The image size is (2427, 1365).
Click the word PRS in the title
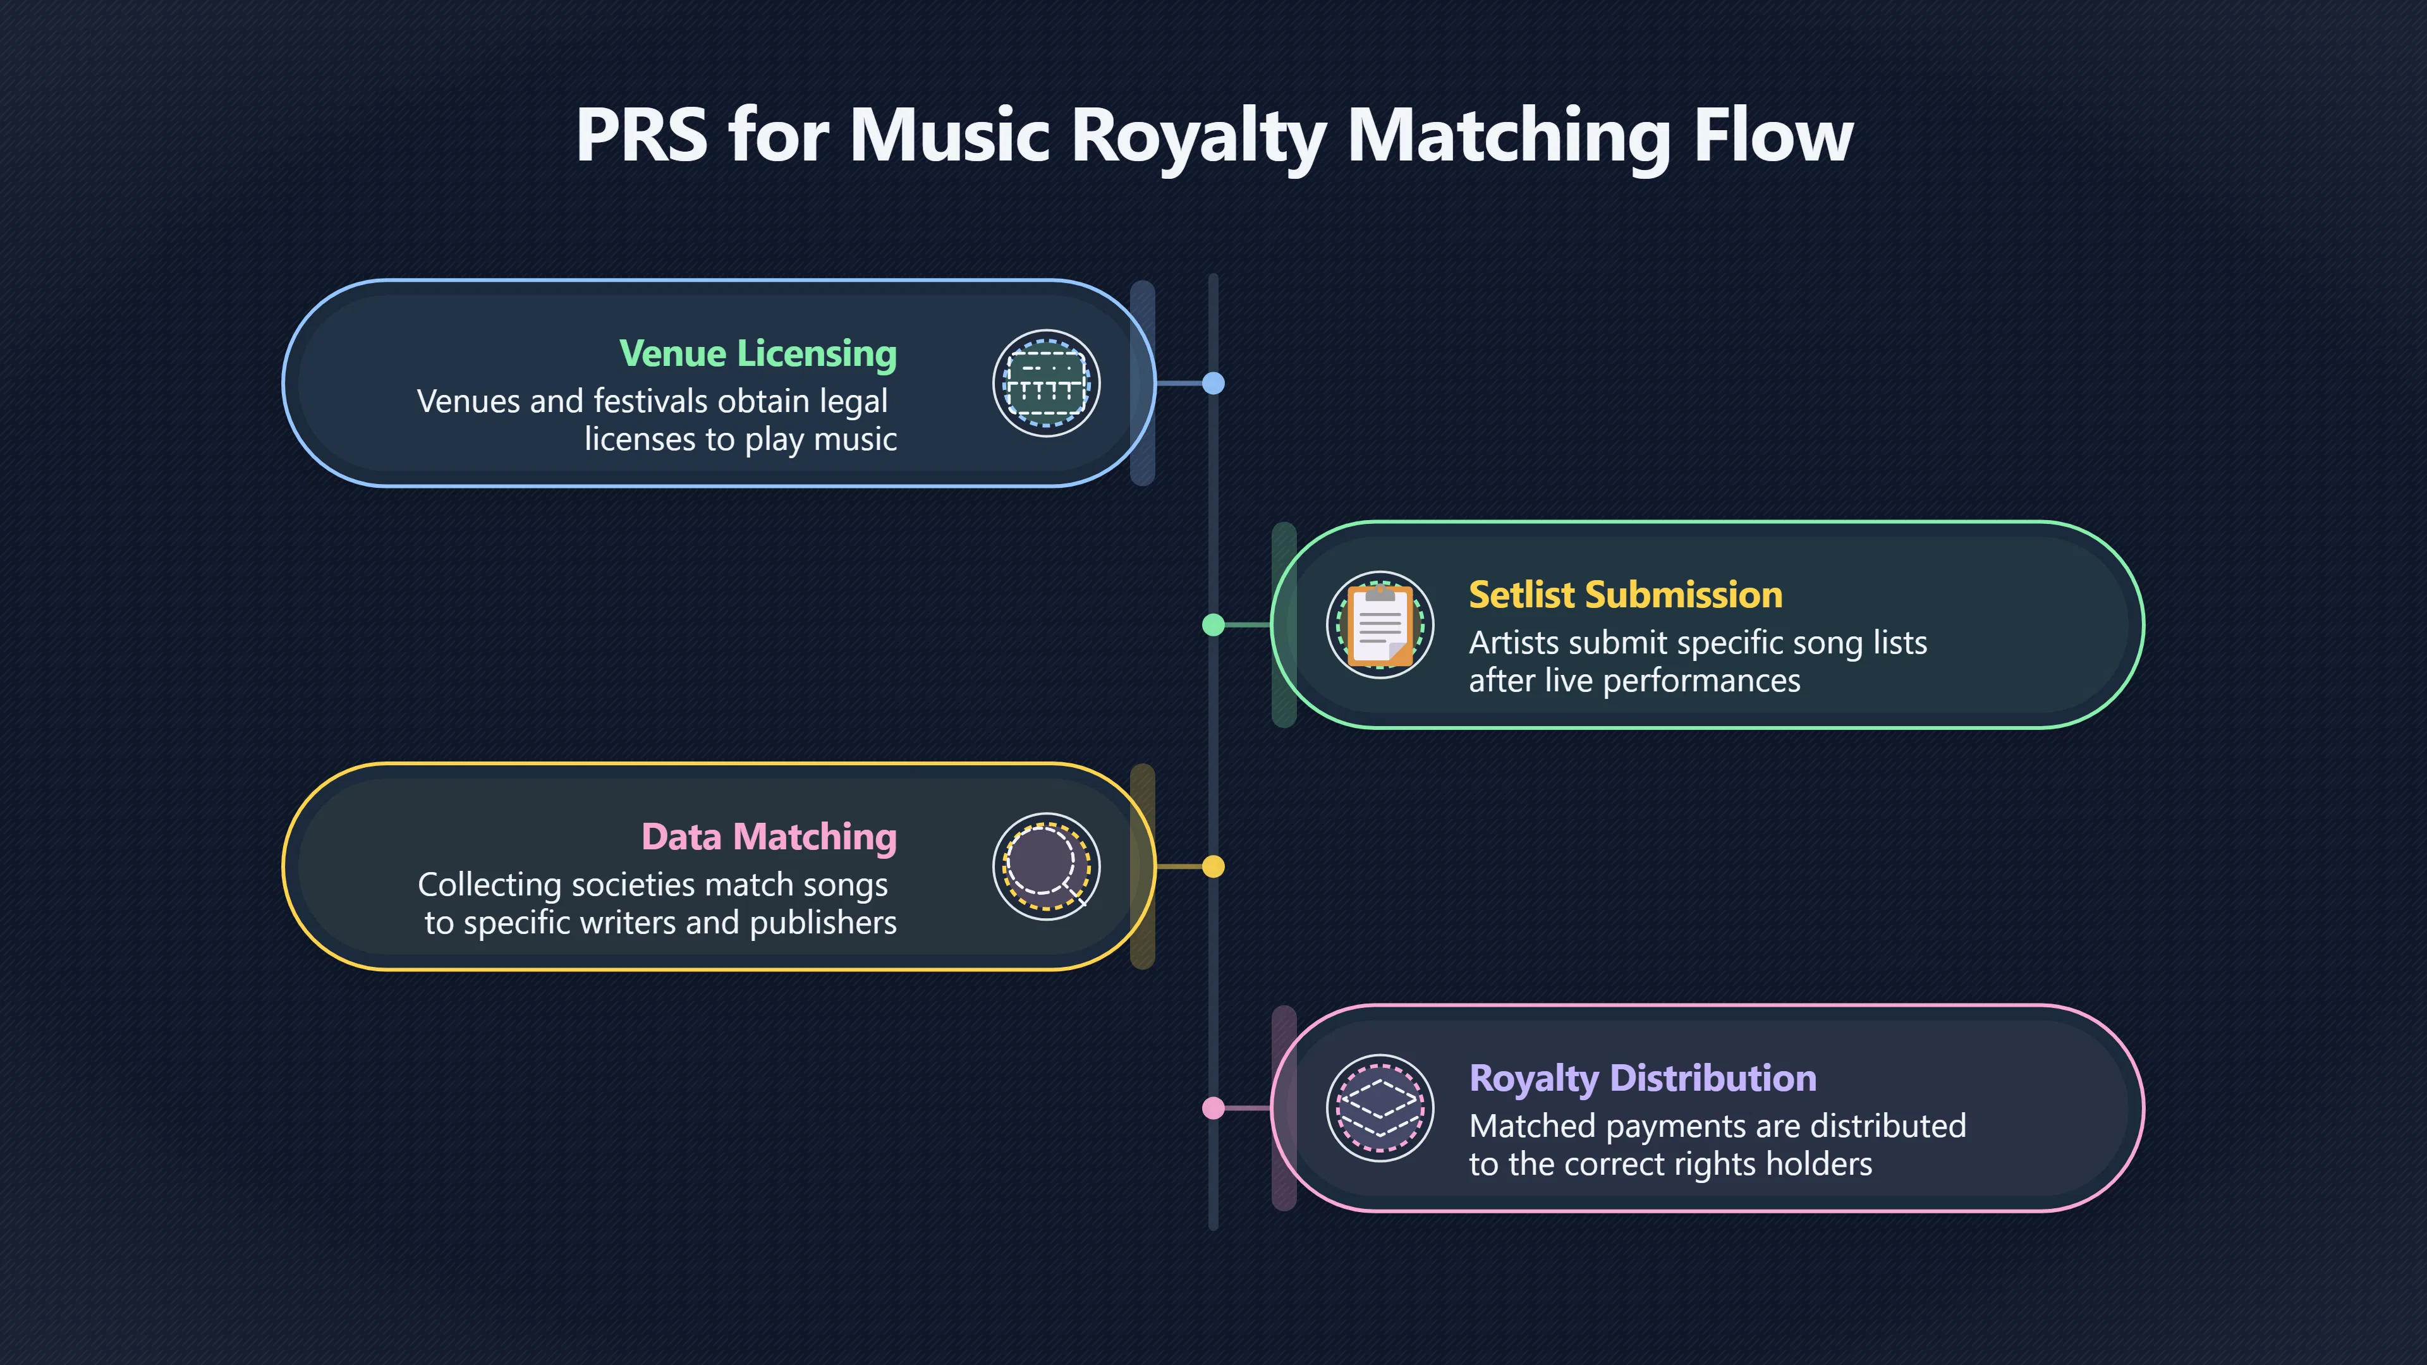point(641,135)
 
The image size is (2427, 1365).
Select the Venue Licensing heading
point(758,353)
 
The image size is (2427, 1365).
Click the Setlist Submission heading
point(1625,595)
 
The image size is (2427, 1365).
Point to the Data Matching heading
point(769,837)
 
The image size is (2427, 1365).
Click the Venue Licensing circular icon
point(1046,384)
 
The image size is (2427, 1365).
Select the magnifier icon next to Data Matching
point(1046,866)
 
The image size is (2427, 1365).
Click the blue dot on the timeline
point(1213,384)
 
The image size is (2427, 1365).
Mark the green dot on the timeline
point(1213,624)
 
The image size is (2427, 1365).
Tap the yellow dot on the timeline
point(1213,866)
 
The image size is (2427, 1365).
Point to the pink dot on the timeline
point(1213,1108)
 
